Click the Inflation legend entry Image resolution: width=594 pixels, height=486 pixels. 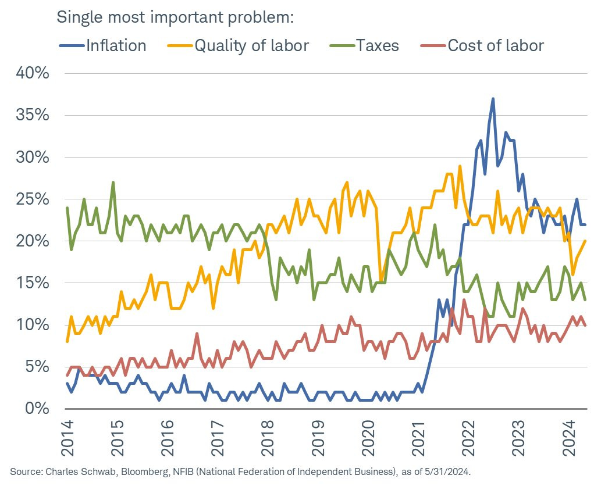click(116, 45)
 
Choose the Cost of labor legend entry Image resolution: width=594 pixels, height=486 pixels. click(496, 45)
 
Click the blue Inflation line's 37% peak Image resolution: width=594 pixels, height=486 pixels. click(493, 99)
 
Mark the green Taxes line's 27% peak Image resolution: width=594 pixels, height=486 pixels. click(113, 183)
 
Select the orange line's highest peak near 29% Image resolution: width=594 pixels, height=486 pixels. click(460, 166)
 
